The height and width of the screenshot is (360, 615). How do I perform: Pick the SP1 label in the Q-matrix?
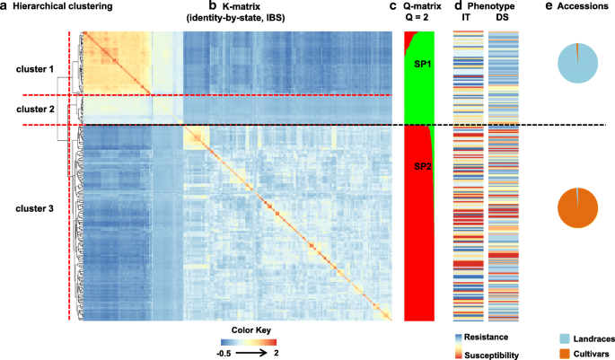tap(420, 66)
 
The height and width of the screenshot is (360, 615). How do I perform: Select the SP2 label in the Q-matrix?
tap(420, 166)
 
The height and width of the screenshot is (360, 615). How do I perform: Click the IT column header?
tap(465, 19)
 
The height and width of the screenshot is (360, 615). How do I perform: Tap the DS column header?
tap(504, 19)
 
